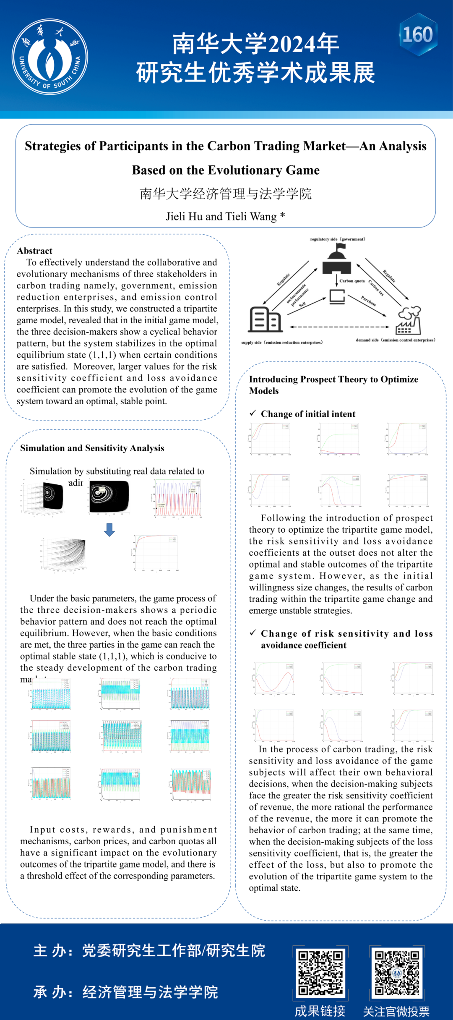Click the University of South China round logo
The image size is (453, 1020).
(50, 57)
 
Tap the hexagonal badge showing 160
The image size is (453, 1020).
(418, 34)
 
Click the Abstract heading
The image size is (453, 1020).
(34, 251)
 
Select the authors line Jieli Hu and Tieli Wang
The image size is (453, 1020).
(225, 216)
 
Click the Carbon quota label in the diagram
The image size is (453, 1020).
(352, 281)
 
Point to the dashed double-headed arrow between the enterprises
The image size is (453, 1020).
(339, 327)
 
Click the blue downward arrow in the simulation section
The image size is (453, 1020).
(109, 530)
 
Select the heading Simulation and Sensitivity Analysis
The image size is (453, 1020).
(92, 448)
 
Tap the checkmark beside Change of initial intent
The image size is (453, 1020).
(253, 413)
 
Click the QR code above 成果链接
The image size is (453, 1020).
(320, 973)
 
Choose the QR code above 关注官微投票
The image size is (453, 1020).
(397, 973)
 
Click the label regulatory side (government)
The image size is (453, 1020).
(337, 239)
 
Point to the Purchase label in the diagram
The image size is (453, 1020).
(369, 301)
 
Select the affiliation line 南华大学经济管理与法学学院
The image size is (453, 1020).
(225, 194)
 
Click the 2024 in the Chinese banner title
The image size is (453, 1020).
(292, 44)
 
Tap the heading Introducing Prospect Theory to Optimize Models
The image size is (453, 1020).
(333, 384)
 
